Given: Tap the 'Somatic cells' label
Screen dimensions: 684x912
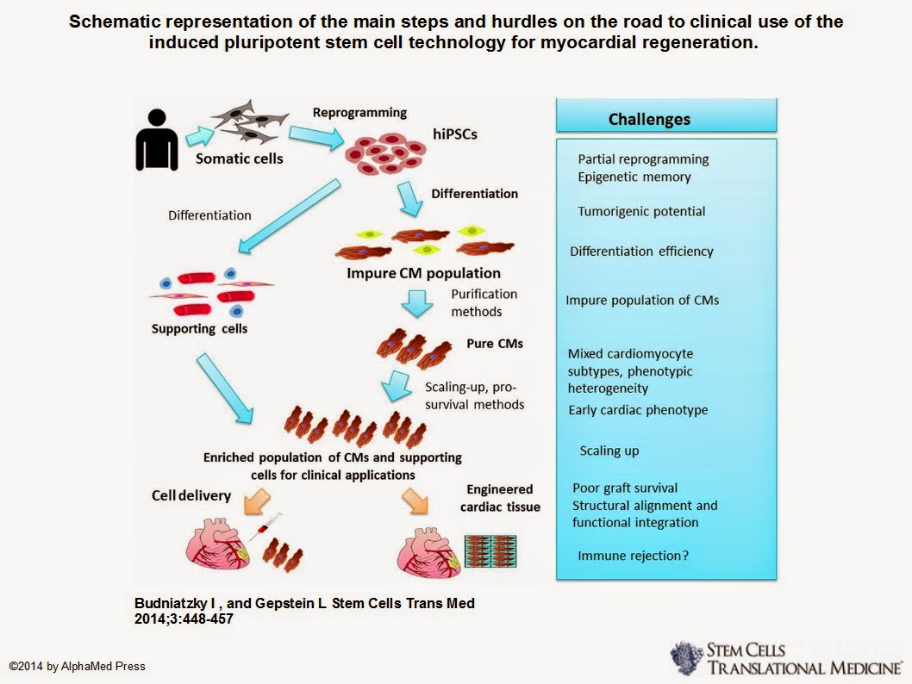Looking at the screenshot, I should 240,159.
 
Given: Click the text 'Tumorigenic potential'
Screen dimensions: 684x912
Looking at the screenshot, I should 641,211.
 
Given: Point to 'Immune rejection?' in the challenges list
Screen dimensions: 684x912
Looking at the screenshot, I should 633,556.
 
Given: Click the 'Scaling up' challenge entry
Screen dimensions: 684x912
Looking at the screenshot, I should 609,451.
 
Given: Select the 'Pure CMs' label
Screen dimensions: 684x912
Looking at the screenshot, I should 495,343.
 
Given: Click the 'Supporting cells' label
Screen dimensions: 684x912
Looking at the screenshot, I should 199,328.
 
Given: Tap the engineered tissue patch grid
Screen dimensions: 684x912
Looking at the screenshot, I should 491,550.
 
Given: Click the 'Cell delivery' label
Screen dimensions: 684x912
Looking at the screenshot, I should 191,495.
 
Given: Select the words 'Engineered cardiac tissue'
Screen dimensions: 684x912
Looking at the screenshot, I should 500,498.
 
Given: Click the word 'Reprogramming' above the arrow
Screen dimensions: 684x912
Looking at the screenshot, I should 359,113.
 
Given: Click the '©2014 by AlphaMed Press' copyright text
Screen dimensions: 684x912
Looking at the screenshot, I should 78,666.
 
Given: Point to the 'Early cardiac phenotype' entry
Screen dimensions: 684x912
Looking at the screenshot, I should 638,410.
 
